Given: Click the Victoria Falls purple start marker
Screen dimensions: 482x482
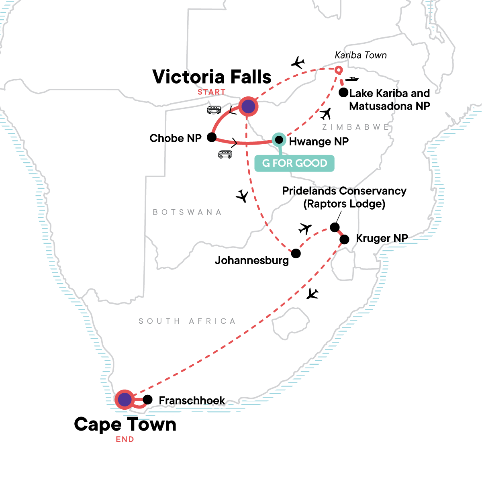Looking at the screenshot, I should coord(248,107).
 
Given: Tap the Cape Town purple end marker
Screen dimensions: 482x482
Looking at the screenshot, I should coord(125,400).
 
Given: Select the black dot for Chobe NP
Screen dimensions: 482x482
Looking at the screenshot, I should coord(212,138).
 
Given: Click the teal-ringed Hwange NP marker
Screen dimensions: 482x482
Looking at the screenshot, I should coord(278,140).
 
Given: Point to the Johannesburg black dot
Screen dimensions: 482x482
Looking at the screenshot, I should coord(296,253).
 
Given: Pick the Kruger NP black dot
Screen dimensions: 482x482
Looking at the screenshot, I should coord(344,240).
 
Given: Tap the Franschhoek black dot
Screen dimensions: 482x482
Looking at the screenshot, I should coord(147,400).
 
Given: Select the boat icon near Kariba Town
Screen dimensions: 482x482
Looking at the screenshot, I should coord(352,79).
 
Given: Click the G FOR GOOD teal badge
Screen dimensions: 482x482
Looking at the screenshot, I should coord(294,163).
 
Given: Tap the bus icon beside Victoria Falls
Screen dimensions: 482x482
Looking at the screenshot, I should coord(214,110).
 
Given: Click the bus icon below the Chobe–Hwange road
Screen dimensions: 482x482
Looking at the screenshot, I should coord(225,154).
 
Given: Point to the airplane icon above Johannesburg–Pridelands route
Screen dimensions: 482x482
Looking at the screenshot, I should coord(305,229).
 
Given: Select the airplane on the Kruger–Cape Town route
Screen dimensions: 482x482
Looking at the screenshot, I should coord(312,294).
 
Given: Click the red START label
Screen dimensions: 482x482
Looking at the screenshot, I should coord(211,92).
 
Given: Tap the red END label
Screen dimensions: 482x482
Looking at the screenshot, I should coord(125,439).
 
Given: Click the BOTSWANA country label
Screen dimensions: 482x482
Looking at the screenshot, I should coord(187,212).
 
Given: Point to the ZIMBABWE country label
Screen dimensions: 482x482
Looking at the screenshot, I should coord(356,127).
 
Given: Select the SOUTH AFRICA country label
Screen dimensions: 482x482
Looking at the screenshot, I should coord(187,321).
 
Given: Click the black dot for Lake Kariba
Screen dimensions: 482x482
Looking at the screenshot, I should coord(343,93).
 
